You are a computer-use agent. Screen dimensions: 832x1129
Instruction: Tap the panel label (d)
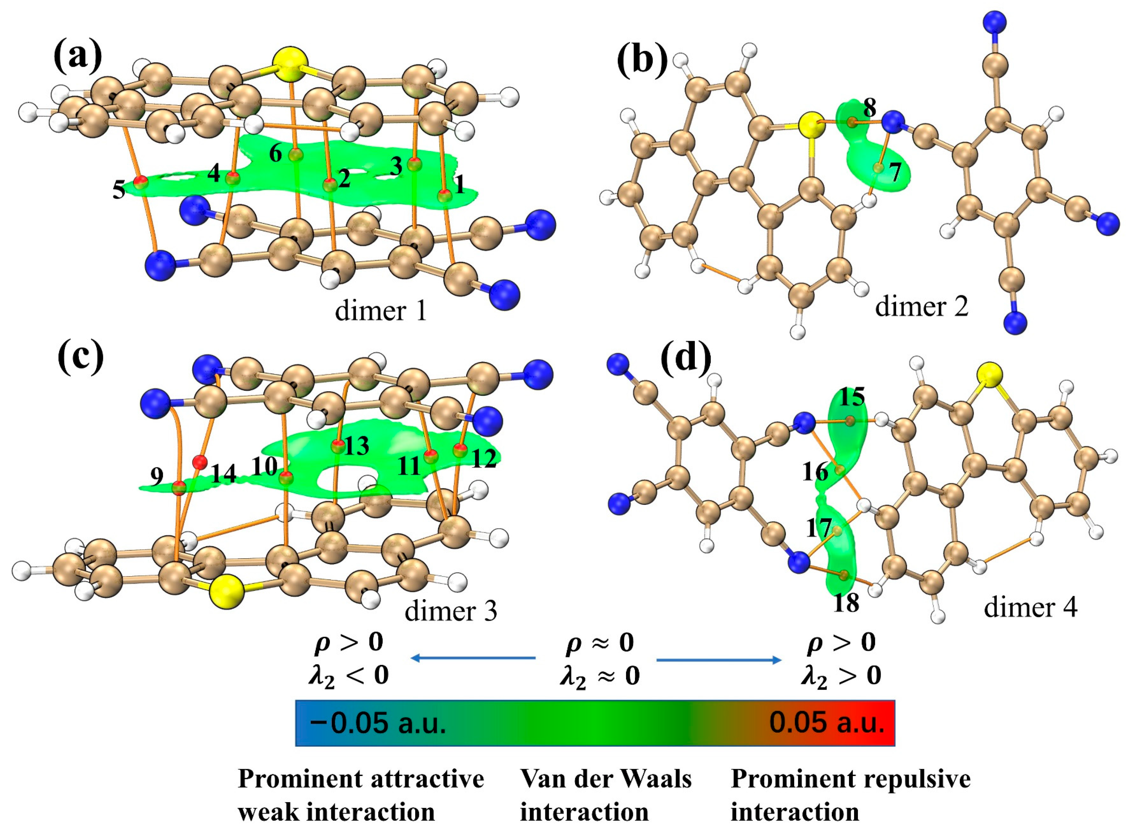tap(686, 358)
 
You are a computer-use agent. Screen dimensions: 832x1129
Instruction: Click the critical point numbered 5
tap(141, 181)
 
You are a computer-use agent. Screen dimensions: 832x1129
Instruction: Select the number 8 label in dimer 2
tap(869, 107)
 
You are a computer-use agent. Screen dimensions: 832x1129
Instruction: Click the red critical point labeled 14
tap(200, 461)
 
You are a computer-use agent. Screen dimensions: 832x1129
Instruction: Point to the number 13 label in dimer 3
tap(357, 446)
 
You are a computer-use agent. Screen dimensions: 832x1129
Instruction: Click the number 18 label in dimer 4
tap(846, 602)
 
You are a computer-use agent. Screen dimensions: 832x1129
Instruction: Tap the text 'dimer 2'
tap(922, 306)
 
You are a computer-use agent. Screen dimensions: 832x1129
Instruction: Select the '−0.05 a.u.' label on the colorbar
tap(378, 723)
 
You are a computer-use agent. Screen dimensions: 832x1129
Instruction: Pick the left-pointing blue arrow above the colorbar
tap(473, 658)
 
